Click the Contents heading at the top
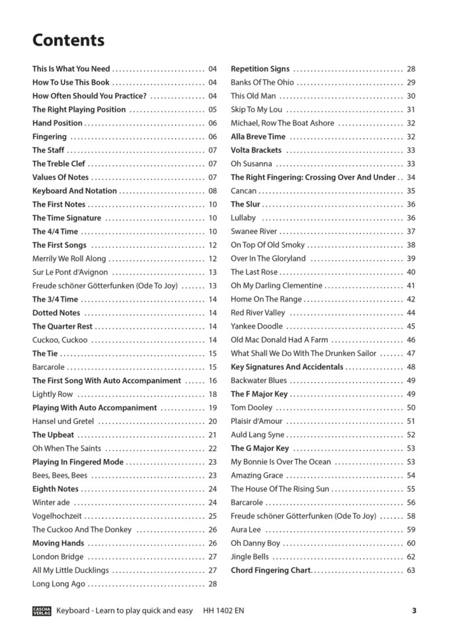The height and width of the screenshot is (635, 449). pos(68,40)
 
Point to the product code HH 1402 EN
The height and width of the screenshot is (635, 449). pos(224,611)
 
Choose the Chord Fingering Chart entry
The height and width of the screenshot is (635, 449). pos(270,570)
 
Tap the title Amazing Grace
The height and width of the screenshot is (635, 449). pos(257,476)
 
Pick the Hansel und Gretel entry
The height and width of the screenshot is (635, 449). pos(63,421)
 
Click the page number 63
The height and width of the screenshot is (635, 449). pos(411,570)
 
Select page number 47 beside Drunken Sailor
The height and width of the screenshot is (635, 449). pos(411,353)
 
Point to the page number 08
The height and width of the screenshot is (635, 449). pos(212,191)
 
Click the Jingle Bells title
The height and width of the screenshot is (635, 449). pos(250,557)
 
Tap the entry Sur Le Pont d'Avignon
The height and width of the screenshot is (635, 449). pos(70,273)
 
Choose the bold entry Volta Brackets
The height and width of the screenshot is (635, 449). pos(256,150)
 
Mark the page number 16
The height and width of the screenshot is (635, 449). pos(212,381)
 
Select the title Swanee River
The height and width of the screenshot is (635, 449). pos(254,232)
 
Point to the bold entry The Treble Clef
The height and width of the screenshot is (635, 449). pos(59,164)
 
